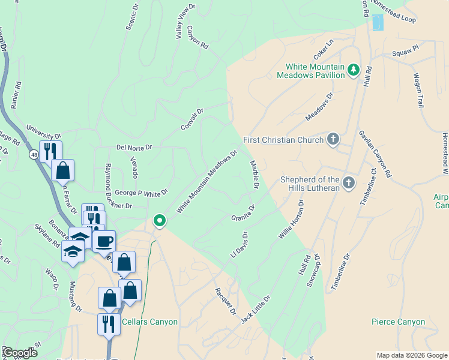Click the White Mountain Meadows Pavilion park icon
354,70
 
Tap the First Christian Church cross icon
333,140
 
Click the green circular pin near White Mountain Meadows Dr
159,221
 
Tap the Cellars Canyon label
149,322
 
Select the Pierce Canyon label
398,322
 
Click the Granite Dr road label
243,212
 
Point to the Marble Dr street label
255,175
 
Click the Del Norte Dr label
134,147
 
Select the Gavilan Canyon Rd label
375,154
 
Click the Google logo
20,353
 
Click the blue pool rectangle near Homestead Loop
377,22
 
